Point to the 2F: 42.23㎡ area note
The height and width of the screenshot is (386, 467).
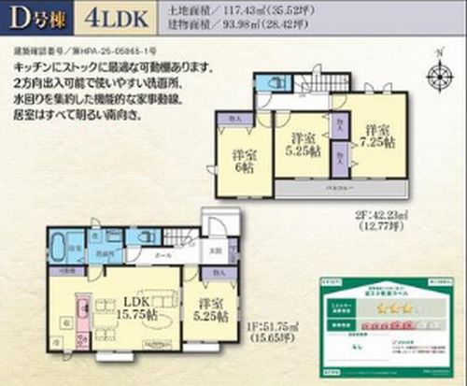pos(377,216)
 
